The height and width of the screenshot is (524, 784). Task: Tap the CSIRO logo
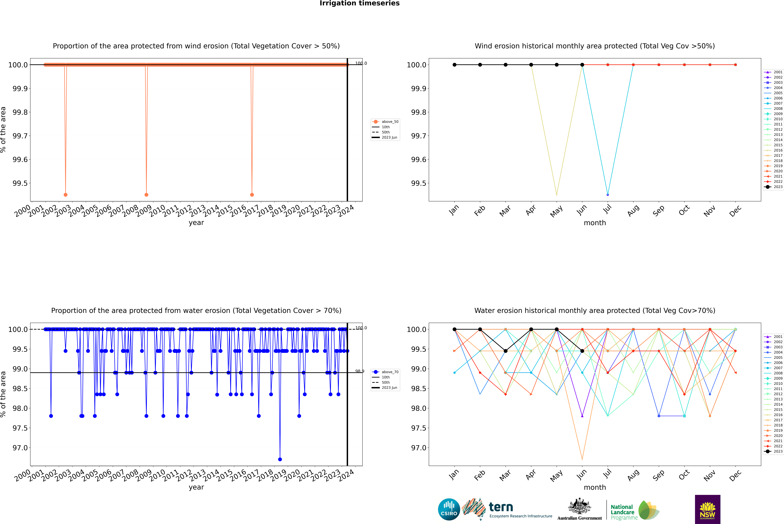[449, 509]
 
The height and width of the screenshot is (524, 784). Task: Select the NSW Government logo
[707, 509]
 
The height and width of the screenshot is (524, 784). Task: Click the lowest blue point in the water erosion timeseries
[280, 459]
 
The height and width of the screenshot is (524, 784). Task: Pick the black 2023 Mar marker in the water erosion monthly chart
[506, 351]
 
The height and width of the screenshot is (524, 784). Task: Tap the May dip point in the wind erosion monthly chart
[556, 194]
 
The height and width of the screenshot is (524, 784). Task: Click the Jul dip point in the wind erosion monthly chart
[608, 194]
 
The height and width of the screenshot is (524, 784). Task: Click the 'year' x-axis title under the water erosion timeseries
[196, 487]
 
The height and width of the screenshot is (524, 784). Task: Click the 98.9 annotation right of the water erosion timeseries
[360, 371]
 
